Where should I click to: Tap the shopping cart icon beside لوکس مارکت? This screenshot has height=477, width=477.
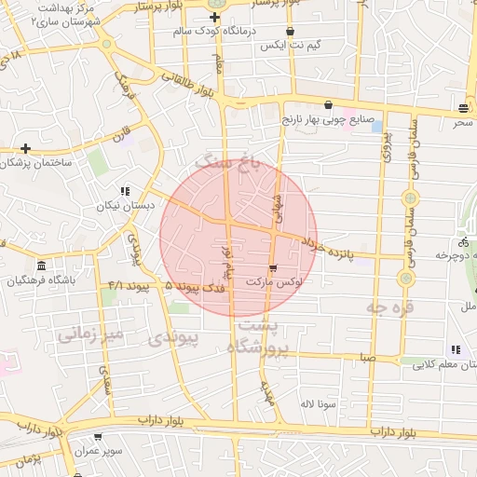click(272, 268)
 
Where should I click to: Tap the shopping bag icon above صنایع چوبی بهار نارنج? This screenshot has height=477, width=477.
click(328, 105)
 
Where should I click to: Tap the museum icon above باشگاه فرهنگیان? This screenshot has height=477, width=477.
click(41, 266)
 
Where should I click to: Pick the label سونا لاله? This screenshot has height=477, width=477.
click(317, 404)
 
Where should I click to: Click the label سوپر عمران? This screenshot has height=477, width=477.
click(126, 450)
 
